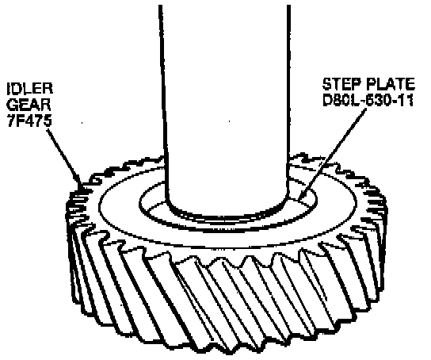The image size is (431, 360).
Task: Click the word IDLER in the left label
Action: click(x=29, y=89)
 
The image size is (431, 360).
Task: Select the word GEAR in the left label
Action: click(x=29, y=105)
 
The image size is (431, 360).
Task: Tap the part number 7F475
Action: click(x=29, y=121)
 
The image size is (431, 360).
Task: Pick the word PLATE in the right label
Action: click(x=391, y=84)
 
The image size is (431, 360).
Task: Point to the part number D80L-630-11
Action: click(x=368, y=101)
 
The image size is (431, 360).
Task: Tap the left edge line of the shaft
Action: click(x=163, y=101)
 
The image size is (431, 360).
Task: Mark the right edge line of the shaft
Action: click(x=288, y=101)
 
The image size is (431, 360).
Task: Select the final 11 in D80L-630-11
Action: click(x=406, y=101)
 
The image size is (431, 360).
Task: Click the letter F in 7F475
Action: click(x=21, y=121)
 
